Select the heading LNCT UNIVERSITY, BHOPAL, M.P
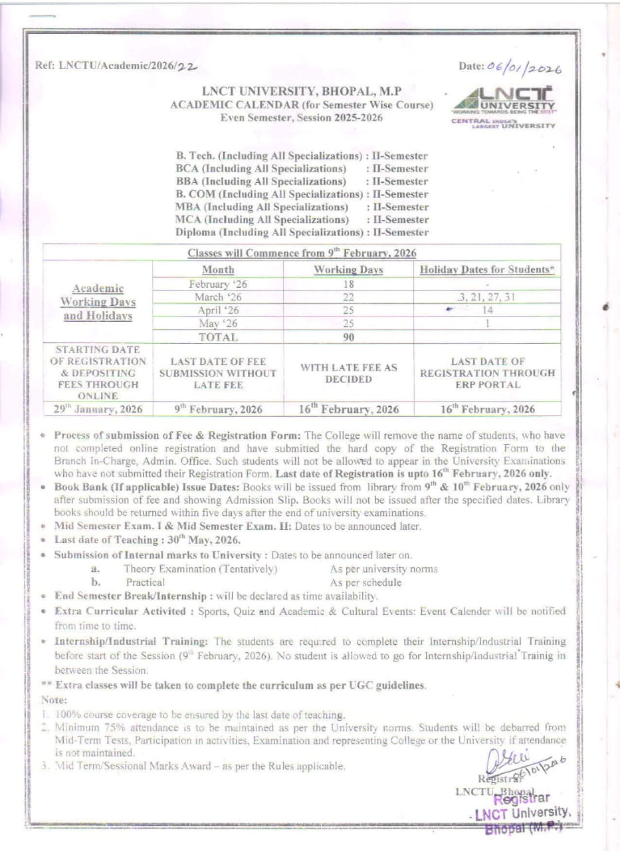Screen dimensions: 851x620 pos(302,92)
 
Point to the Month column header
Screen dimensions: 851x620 pos(217,270)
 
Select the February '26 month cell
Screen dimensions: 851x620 pos(217,284)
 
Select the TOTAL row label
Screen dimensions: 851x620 pos(217,337)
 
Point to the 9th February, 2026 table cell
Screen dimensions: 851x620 pos(217,410)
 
